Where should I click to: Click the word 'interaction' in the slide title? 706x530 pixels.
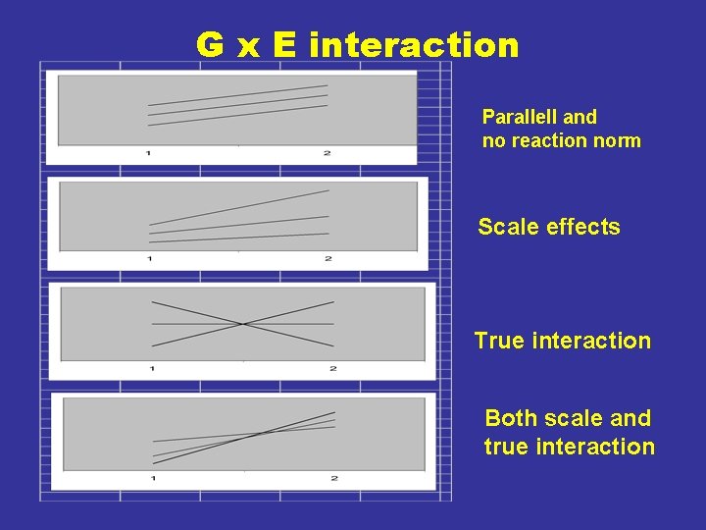click(x=414, y=45)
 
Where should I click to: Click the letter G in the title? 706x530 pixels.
click(x=209, y=45)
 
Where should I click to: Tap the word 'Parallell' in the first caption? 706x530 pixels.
click(x=519, y=117)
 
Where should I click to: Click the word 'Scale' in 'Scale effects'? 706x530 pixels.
click(x=508, y=227)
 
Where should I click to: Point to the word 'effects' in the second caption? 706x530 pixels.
click(x=583, y=227)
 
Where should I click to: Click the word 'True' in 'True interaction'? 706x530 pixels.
click(x=499, y=341)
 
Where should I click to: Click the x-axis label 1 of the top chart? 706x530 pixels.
click(x=148, y=153)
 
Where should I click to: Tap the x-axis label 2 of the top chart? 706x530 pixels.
click(x=327, y=153)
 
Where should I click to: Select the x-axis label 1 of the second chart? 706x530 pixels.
click(x=150, y=258)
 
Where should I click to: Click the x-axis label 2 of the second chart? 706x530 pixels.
click(x=328, y=258)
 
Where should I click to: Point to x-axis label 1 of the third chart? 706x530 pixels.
click(x=152, y=368)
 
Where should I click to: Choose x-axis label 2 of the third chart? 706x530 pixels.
click(x=333, y=368)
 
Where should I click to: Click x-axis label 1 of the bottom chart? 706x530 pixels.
click(x=153, y=478)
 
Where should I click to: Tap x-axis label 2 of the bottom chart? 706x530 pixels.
click(x=334, y=478)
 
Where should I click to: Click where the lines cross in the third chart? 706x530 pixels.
click(x=243, y=323)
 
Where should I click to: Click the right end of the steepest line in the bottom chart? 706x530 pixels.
click(x=335, y=412)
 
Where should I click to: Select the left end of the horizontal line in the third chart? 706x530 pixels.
click(x=152, y=323)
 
